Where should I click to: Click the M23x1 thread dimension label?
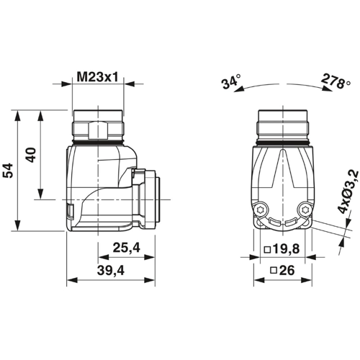point(99,75)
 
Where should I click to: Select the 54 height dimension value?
point(8,171)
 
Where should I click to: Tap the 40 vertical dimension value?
point(31,156)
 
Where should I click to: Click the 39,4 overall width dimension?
point(112,271)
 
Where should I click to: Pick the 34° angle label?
point(230,82)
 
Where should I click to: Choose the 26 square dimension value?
point(285,272)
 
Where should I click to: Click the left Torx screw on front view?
point(261,210)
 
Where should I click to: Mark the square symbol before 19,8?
point(268,250)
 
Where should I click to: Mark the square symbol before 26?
point(274,272)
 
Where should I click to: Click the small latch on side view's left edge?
point(70,211)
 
